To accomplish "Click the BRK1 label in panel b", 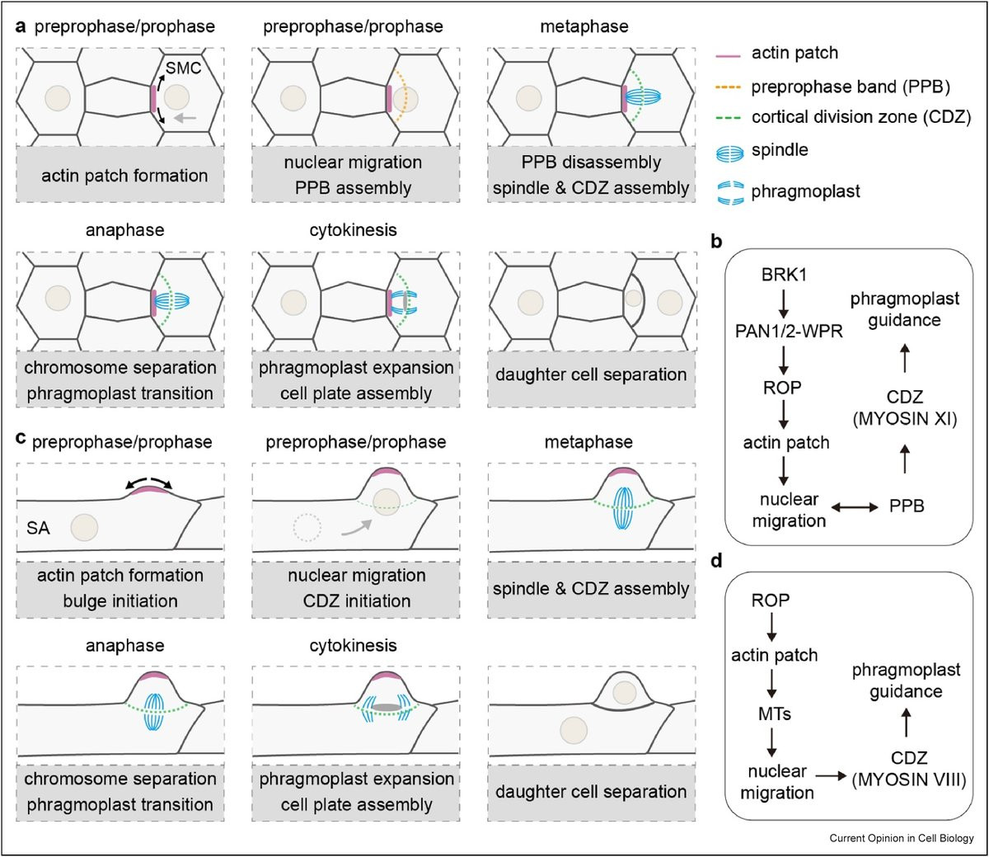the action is coord(784,275).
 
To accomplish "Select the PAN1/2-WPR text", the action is coord(789,332).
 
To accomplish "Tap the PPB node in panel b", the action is coord(907,506).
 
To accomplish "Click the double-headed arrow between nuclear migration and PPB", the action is coord(855,507).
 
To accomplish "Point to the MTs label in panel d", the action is coord(774,713).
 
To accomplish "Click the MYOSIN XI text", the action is coord(905,419).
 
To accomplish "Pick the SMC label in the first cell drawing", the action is coord(183,68).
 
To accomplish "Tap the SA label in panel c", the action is coord(38,528).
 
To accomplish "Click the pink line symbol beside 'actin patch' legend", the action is coord(728,56).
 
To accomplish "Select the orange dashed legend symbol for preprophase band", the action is coord(728,87).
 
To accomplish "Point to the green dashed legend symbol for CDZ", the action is coord(728,118).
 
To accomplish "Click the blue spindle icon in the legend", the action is coord(729,153).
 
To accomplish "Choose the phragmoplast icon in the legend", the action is coord(729,194).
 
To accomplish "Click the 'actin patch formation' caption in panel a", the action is coord(124,176).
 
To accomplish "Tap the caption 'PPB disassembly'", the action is coord(591,162).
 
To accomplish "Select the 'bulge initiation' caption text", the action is coord(120,600).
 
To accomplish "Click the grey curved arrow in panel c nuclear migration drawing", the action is coord(357,527).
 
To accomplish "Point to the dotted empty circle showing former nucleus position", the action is coord(307,528).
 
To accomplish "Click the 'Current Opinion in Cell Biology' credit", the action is coord(902,838).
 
